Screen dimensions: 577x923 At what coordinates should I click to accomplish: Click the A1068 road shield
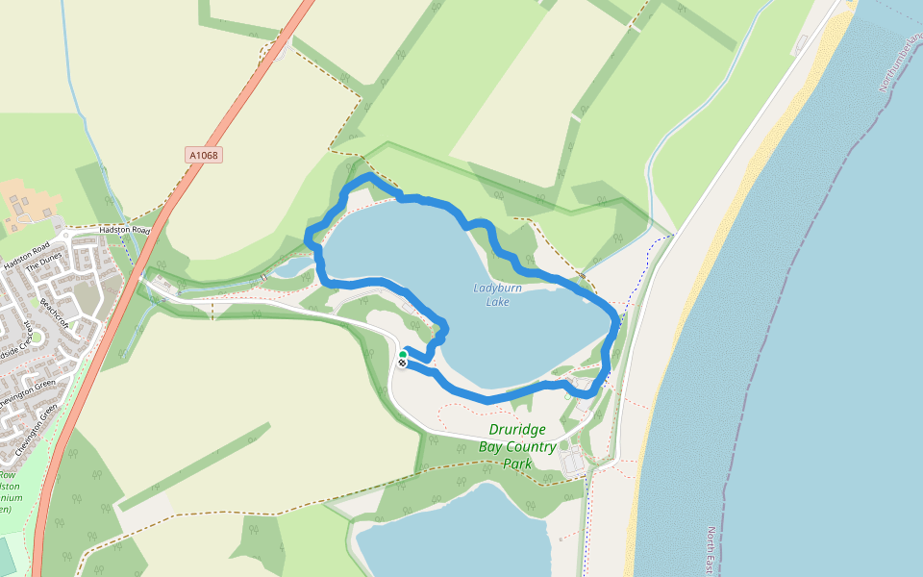(x=204, y=155)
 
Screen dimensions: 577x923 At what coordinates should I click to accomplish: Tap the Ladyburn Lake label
(x=497, y=294)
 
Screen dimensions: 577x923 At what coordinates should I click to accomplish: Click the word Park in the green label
(x=517, y=464)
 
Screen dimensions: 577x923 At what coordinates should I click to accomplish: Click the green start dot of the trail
(x=403, y=355)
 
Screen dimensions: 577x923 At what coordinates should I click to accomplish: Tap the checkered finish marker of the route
(x=402, y=364)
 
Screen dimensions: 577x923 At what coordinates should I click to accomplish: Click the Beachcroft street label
(x=52, y=309)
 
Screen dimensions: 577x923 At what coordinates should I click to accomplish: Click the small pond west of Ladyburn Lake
(x=294, y=267)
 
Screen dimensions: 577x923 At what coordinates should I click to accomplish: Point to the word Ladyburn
(x=497, y=288)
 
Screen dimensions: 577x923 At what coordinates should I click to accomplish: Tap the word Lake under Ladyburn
(x=498, y=302)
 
